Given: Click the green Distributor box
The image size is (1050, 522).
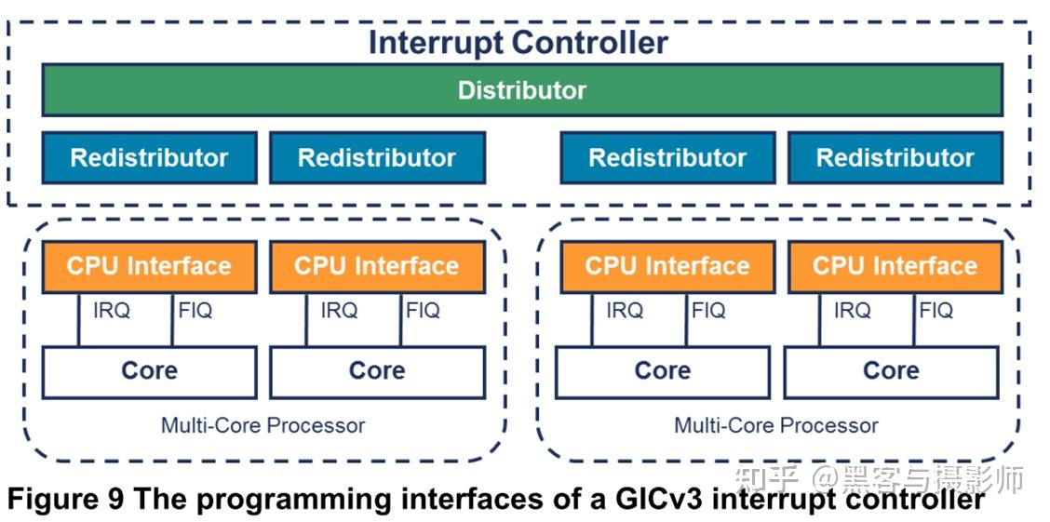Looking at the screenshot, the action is tap(522, 90).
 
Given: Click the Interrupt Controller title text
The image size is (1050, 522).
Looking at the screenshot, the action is tap(518, 42).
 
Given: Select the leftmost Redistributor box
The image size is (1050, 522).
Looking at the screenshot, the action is tap(149, 158).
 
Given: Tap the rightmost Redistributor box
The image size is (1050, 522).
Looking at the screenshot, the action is tap(895, 158).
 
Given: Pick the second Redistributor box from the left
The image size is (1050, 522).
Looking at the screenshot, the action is tap(377, 158).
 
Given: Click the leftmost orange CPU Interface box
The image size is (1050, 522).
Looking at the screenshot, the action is tap(149, 267).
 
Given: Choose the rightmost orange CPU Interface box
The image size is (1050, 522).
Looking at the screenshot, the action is tap(895, 267).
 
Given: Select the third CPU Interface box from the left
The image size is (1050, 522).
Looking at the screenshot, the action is tap(667, 267).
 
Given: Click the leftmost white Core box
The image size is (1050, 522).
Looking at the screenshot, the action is tap(149, 372).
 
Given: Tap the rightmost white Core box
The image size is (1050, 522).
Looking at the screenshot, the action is tap(891, 372).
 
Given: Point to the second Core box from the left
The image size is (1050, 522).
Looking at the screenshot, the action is tap(377, 372).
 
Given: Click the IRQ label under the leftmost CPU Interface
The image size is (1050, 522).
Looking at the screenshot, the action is tap(111, 311).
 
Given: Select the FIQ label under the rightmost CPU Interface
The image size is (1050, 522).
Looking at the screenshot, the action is tap(936, 311).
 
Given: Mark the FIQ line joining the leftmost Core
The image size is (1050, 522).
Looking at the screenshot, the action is tap(172, 320).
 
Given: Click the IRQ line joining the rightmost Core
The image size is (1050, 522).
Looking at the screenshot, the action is tap(819, 320).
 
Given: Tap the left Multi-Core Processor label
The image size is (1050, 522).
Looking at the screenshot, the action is tap(263, 425).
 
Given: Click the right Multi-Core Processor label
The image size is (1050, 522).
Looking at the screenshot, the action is tap(776, 425).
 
